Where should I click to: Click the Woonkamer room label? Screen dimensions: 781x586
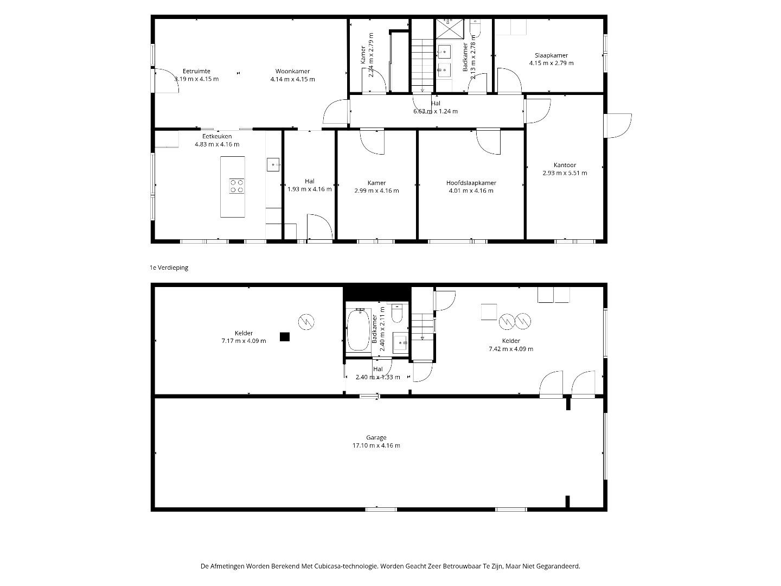[x=292, y=71]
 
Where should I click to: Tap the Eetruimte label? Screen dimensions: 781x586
[x=196, y=71]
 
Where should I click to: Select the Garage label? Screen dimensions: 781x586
[x=376, y=438]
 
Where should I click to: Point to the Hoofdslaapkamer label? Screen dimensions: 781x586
[x=471, y=183]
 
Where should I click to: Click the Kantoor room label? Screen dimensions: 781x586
[x=565, y=165]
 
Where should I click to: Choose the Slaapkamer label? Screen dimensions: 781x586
[x=551, y=55]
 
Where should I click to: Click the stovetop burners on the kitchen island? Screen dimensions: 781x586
[x=236, y=186]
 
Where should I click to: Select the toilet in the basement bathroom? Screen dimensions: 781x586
[x=396, y=313]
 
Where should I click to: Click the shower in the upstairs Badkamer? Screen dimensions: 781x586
[x=450, y=28]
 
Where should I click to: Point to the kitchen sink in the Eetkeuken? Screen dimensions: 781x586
[x=273, y=165]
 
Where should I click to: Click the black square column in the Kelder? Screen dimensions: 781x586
[x=285, y=336]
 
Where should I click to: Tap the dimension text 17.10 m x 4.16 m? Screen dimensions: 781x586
[x=376, y=445]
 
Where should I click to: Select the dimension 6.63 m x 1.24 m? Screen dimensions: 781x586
[x=436, y=111]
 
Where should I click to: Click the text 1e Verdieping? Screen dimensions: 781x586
[x=169, y=267]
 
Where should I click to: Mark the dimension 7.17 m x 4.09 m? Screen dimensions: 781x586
[x=244, y=341]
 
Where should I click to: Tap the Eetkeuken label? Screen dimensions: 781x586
[x=217, y=136]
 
